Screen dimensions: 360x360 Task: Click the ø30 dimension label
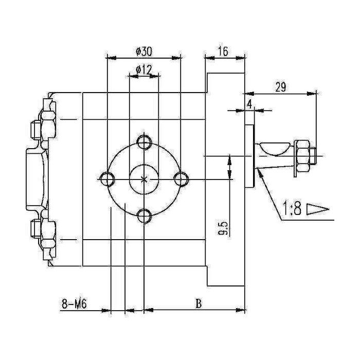[143, 51]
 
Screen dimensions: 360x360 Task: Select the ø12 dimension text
[143, 69]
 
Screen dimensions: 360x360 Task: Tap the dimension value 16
[223, 51]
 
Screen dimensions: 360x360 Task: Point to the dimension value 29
[280, 87]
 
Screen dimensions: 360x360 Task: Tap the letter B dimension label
[198, 304]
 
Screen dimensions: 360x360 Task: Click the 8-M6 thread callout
[73, 304]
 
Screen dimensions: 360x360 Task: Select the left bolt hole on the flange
[107, 178]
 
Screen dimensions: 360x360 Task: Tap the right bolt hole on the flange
[181, 178]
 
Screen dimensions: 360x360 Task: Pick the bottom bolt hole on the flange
[145, 215]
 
